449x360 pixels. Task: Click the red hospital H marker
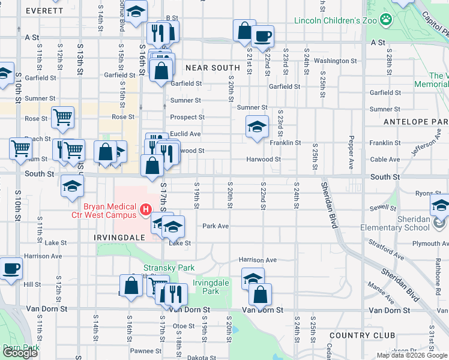145,209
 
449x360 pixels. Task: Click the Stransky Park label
160,268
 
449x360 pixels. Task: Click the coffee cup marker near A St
262,36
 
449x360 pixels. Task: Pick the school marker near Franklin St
256,127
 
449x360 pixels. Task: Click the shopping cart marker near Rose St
62,118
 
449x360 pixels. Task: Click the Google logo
20,353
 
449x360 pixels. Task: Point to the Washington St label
335,61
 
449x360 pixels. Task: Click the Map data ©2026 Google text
411,355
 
